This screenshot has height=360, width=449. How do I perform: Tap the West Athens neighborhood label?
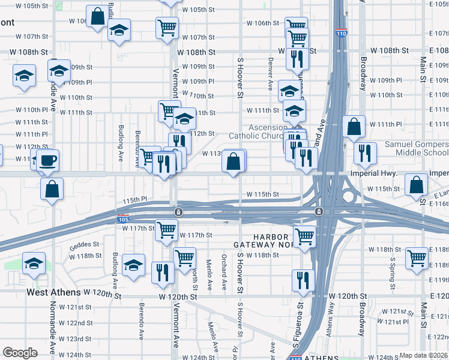tap(53, 293)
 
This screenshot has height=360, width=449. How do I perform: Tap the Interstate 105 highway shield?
tap(122, 219)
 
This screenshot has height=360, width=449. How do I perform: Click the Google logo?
tap(20, 353)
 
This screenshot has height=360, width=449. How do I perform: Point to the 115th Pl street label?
tap(134, 199)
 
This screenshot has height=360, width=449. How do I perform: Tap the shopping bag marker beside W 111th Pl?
tap(354, 127)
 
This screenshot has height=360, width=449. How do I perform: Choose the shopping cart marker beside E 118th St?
tap(417, 258)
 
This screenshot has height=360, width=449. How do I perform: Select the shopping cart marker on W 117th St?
tap(167, 229)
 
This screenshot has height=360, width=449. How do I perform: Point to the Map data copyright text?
tap(423, 355)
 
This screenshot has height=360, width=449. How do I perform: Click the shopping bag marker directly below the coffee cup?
tap(53, 188)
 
